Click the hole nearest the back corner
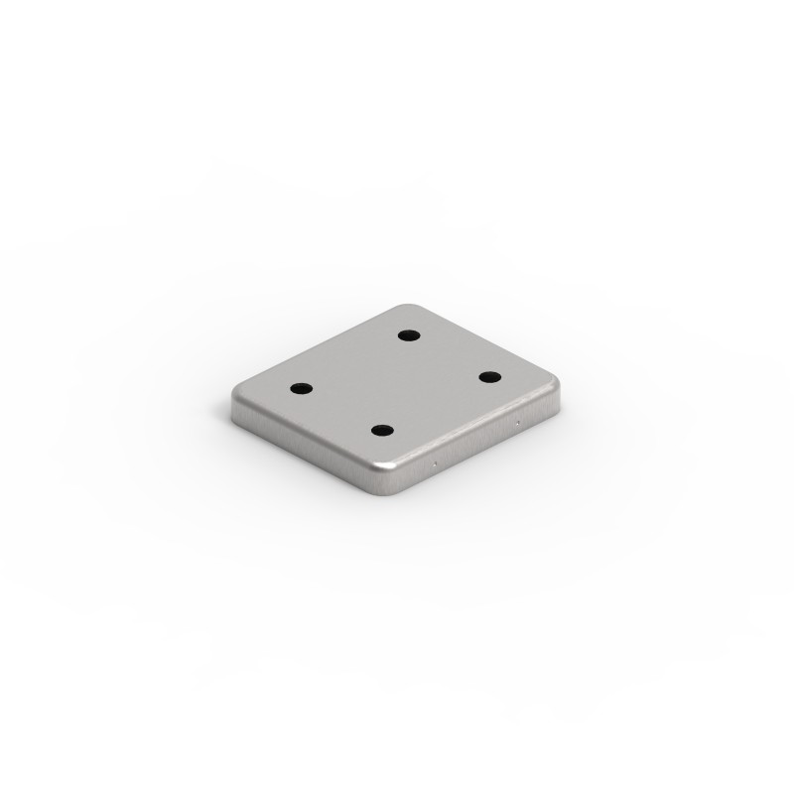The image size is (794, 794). pyautogui.click(x=407, y=334)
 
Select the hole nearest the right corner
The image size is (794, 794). pyautogui.click(x=489, y=376)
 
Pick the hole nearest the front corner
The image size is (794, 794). pyautogui.click(x=382, y=430)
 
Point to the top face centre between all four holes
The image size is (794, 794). pyautogui.click(x=395, y=382)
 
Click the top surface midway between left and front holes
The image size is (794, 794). pyautogui.click(x=341, y=409)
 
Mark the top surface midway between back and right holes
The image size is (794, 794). pyautogui.click(x=448, y=355)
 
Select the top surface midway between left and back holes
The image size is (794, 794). pyautogui.click(x=353, y=361)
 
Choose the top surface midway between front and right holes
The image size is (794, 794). pyautogui.click(x=436, y=403)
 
